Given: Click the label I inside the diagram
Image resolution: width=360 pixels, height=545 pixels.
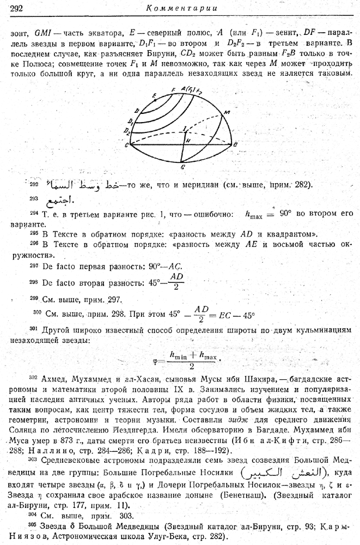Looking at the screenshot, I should coord(186,129).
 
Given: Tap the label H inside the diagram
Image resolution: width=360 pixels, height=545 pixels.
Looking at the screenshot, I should coord(186,140).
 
